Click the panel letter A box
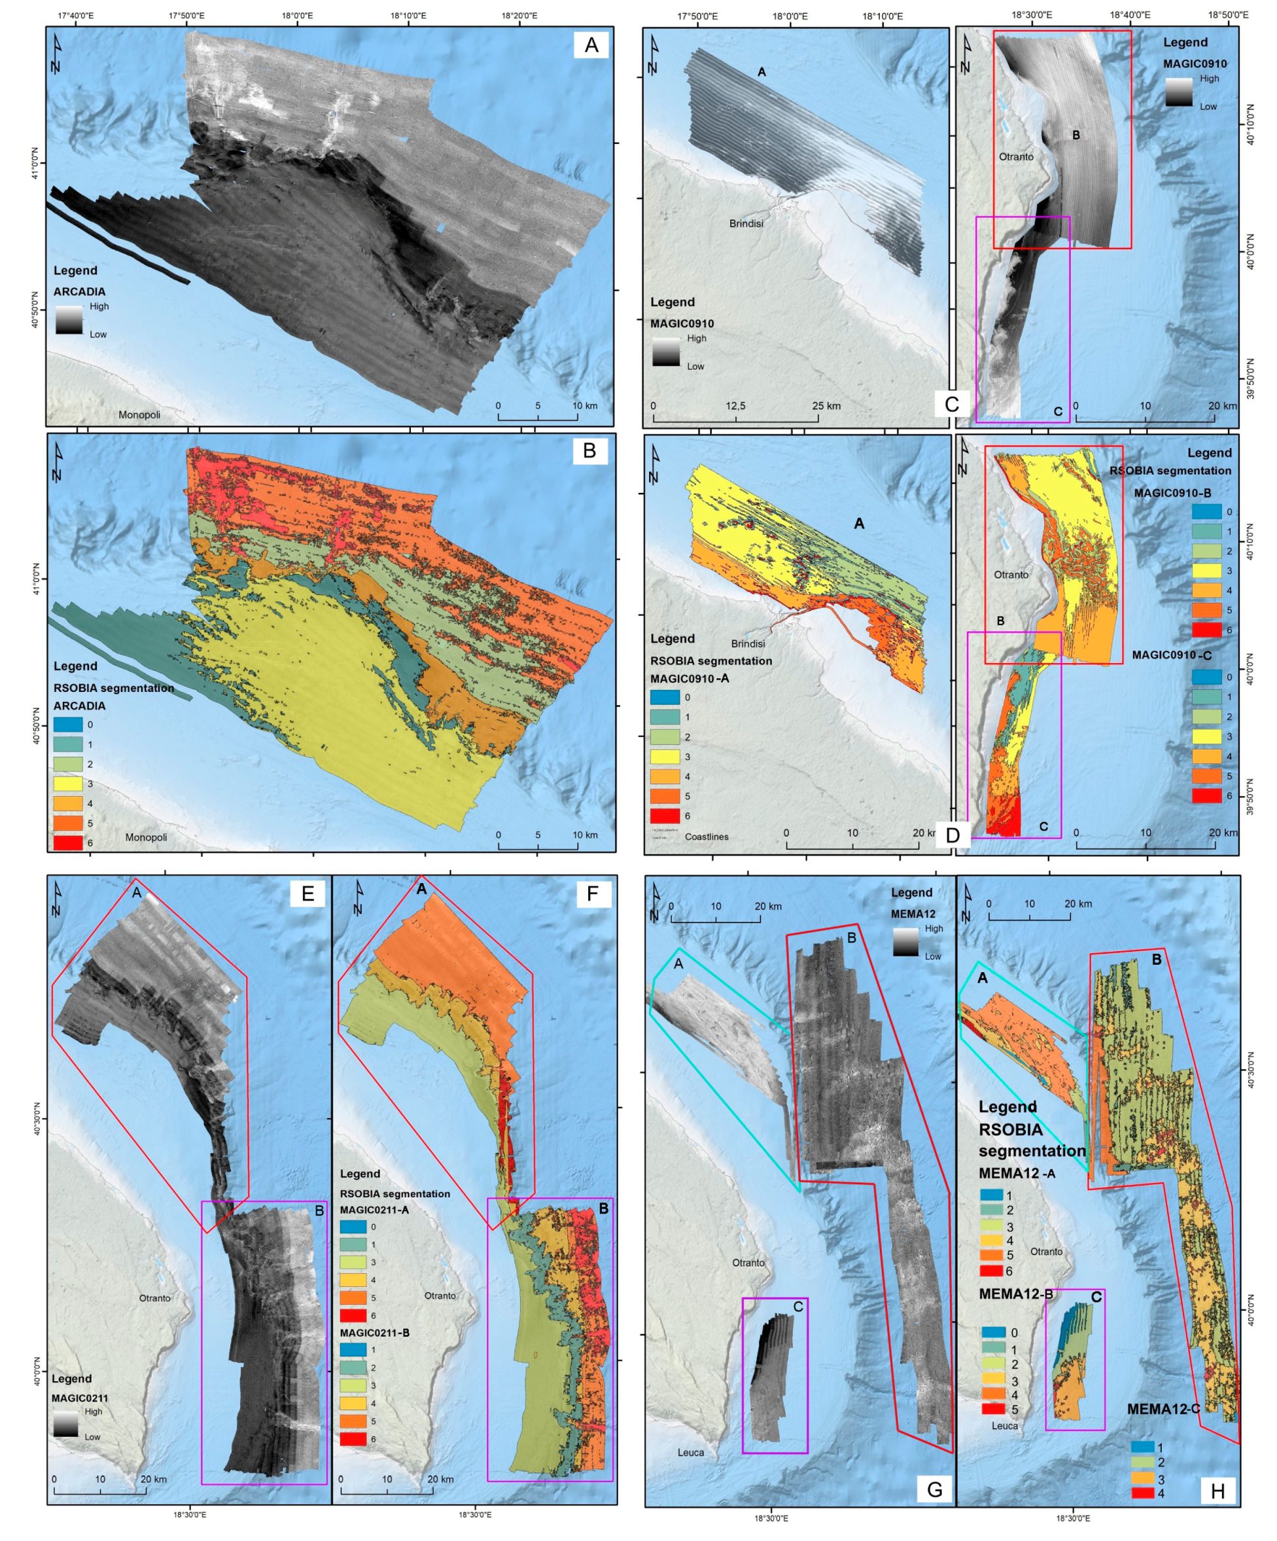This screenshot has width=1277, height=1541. coord(591,45)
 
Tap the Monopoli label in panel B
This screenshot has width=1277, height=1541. coord(146,837)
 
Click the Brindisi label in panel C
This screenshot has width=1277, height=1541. coord(746,223)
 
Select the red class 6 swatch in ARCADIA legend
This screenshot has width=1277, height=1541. coord(67,843)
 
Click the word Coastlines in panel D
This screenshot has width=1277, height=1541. coord(707,837)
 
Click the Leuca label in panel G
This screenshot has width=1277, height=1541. coord(690,1452)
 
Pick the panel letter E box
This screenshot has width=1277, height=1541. coord(307,893)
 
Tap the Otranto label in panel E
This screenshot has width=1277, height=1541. coord(155,1298)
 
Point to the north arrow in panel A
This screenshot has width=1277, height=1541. coord(56,54)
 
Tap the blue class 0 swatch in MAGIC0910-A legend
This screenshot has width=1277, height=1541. coord(665,697)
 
